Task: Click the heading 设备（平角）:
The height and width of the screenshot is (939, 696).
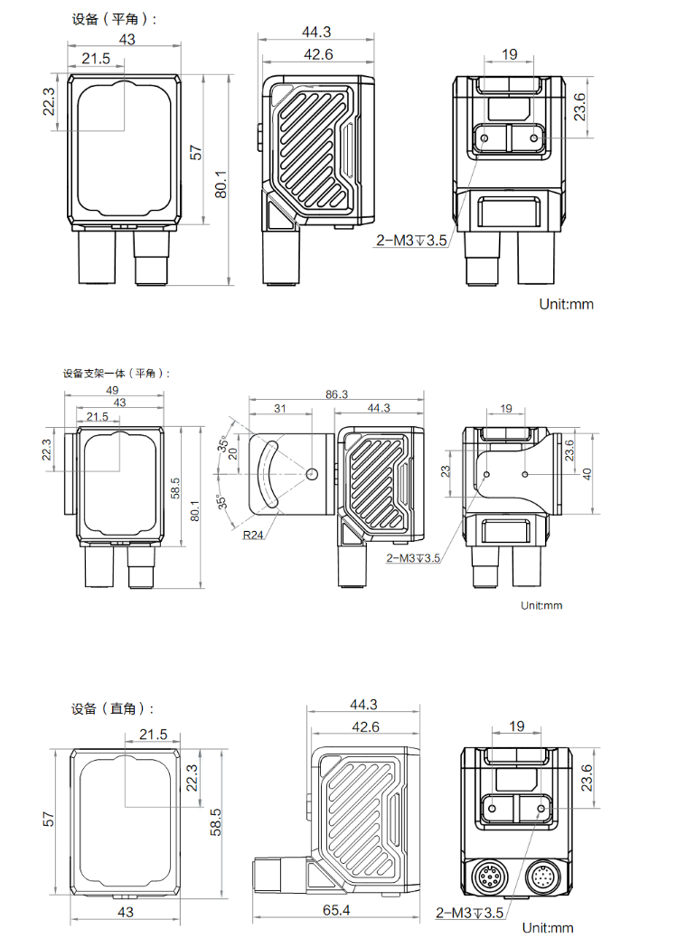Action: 114,19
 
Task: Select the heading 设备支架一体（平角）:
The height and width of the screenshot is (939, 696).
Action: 116,373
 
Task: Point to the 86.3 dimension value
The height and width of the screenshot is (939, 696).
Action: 336,394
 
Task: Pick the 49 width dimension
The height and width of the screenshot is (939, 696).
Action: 112,391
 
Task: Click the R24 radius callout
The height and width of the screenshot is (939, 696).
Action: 253,535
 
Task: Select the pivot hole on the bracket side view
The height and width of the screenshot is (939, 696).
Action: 312,473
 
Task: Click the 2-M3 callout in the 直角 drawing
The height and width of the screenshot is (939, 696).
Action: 468,913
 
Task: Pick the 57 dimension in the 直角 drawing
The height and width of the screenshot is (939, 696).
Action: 50,819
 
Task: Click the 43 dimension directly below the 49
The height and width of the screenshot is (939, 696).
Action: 118,403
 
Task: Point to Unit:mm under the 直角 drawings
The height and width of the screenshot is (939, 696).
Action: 548,928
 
